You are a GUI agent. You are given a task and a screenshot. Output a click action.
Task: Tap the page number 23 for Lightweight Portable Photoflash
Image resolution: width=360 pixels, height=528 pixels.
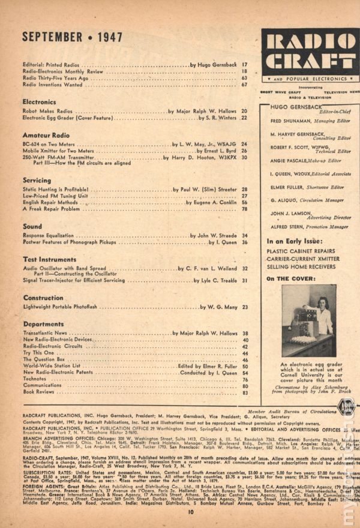(245, 307)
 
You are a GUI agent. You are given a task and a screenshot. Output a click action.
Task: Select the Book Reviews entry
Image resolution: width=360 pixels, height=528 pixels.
(39, 392)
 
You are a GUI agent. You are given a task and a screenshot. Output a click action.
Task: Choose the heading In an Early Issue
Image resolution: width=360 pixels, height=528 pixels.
(294, 241)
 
